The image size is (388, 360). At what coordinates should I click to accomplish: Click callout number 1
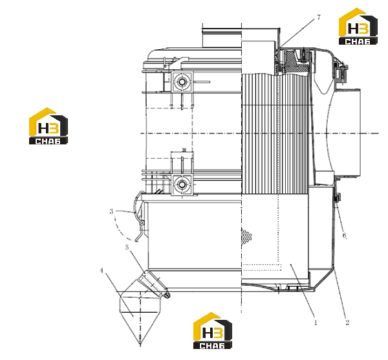coord(316,322)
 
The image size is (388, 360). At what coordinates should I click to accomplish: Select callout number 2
coord(347,322)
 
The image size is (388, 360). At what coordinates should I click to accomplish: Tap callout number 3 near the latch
coord(111,211)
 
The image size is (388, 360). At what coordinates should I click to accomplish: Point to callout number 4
coord(102,271)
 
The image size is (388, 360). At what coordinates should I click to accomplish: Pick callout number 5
coord(127,247)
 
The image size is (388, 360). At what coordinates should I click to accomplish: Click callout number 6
coord(345,236)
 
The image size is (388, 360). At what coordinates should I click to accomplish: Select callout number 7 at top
coord(319,17)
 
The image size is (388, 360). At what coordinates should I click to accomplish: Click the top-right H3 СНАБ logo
coord(358,27)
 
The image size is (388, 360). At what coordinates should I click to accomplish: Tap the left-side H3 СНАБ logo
coord(48,126)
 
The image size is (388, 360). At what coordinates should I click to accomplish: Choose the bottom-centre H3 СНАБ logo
coord(213,330)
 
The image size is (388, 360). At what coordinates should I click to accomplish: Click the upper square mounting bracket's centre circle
coord(182,82)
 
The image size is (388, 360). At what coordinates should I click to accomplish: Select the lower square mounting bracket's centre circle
coord(182,185)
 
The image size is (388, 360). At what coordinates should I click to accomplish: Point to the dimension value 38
coord(184,150)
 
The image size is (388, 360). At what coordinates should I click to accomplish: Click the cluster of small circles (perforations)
coord(246,236)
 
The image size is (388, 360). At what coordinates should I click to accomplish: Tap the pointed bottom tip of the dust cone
coord(140,344)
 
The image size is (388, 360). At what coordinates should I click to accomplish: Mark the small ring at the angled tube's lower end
coord(167,295)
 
